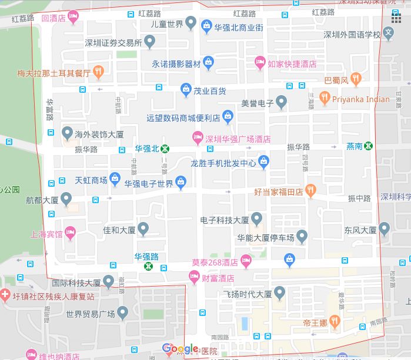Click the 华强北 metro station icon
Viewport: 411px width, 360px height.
tap(166, 149)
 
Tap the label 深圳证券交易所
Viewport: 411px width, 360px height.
tap(113, 42)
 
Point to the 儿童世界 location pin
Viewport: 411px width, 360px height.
tap(190, 23)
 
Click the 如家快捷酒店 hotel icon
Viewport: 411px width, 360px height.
tap(260, 62)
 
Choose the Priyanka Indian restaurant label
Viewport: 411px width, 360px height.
tap(361, 99)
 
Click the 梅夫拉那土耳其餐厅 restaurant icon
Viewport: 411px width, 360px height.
tap(98, 72)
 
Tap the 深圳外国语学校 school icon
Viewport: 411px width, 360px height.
tap(388, 35)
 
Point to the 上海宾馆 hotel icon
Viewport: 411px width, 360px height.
tap(70, 233)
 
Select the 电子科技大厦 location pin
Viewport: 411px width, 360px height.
tap(256, 219)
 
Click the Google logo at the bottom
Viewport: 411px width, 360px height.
tap(180, 349)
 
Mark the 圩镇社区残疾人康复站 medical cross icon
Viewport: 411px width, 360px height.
tap(5, 295)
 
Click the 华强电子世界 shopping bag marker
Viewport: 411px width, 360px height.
tap(181, 184)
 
